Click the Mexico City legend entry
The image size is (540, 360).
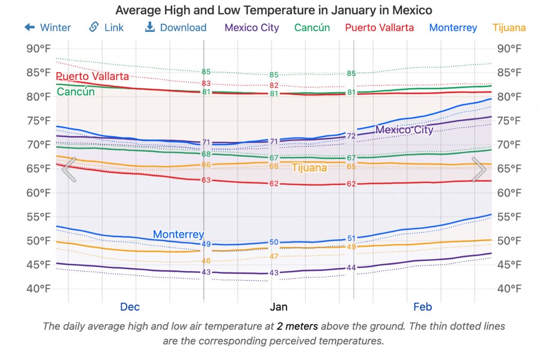point(252,27)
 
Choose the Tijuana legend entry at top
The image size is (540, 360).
point(509,27)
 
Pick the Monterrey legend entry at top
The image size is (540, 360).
point(453,27)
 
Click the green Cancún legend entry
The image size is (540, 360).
point(312,27)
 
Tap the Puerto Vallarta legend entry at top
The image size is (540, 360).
point(379,27)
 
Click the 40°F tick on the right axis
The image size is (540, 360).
point(510,288)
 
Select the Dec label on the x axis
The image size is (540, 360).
point(130,307)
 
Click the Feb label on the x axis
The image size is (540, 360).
point(422,307)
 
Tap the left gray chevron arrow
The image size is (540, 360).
point(69,170)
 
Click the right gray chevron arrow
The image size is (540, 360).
point(479,170)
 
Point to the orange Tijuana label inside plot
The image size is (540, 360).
point(309,168)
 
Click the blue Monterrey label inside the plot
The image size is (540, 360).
point(178,234)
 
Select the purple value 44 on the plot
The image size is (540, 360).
point(351,268)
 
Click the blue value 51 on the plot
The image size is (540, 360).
point(351,238)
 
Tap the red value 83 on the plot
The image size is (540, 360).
point(206,84)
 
